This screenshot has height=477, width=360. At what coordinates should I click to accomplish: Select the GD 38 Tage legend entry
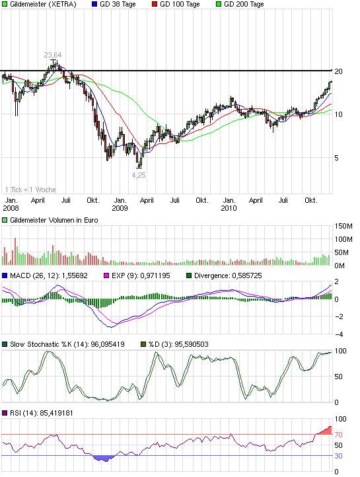[118, 5]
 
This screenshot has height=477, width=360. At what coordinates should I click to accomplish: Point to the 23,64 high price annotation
[53, 55]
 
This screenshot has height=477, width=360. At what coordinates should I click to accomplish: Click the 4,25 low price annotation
[138, 176]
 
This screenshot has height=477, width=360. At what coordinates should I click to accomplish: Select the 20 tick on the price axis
[340, 71]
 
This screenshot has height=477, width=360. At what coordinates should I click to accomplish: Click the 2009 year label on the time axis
[119, 207]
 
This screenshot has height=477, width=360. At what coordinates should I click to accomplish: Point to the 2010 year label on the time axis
[229, 207]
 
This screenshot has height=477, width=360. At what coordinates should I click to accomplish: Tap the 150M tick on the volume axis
[344, 226]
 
